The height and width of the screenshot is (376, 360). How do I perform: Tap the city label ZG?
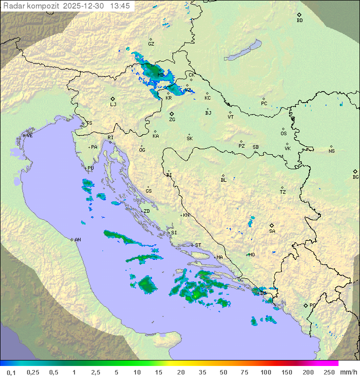172,120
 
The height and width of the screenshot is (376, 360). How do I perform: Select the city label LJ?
113,104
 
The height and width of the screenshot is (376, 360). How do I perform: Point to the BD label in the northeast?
299,21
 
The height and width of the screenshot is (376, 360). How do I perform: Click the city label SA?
272,231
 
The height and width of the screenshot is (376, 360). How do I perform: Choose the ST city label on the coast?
198,245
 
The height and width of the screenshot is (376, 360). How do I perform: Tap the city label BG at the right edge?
355,177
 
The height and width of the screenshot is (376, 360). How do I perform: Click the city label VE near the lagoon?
29,136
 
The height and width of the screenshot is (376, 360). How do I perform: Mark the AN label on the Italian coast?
77,240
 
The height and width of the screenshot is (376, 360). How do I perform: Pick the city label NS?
331,151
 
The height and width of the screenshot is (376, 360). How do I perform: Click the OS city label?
283,134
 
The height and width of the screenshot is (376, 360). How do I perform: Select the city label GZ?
151,44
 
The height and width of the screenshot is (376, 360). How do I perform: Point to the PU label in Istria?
90,168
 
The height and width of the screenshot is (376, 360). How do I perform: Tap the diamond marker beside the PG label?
305,305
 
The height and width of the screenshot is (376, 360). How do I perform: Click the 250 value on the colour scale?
328,372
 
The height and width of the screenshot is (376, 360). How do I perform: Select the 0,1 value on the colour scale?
11,372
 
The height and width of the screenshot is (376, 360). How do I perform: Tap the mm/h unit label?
347,372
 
